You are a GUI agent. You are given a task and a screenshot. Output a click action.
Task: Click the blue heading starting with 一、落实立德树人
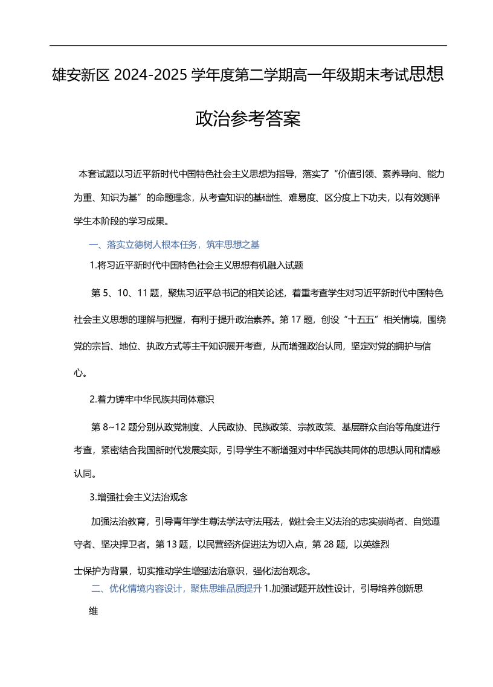pyautogui.click(x=174, y=244)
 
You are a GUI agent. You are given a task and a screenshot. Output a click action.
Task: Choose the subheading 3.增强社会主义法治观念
pyautogui.click(x=139, y=497)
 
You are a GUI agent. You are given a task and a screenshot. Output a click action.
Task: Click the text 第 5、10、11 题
pyautogui.click(x=125, y=293)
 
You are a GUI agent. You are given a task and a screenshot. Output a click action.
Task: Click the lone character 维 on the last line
pyautogui.click(x=94, y=611)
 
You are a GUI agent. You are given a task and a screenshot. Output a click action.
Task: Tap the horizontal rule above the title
pyautogui.click(x=248, y=45)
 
